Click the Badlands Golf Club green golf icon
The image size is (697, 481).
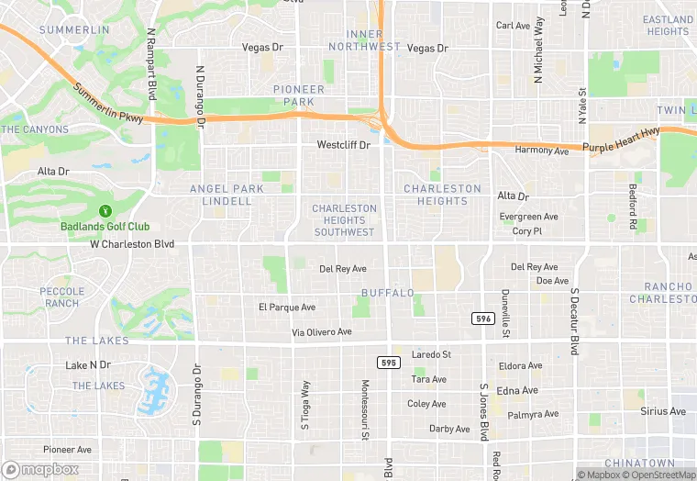105,211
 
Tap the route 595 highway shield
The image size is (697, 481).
388,363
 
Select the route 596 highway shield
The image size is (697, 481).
484,318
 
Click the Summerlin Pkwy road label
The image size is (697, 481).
109,105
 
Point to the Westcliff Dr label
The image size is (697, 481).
343,145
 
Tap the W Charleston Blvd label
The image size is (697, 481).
132,244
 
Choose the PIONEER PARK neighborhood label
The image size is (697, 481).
299,95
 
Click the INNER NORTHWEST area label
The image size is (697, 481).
364,40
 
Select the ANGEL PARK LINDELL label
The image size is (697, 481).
227,195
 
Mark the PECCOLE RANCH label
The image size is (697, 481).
61,297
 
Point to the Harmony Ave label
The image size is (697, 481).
542,150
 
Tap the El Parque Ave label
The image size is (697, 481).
286,308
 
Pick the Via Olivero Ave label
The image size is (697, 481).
322,332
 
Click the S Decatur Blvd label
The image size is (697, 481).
574,321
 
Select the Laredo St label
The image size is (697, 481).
432,354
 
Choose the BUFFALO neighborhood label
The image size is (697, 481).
387,293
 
